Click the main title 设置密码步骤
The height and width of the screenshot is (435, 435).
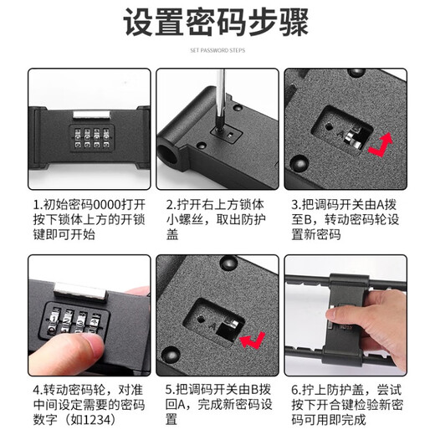pos(217,25)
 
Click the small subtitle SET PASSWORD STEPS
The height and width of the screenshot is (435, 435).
pos(217,50)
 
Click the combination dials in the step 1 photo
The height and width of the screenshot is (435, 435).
pos(82,138)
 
